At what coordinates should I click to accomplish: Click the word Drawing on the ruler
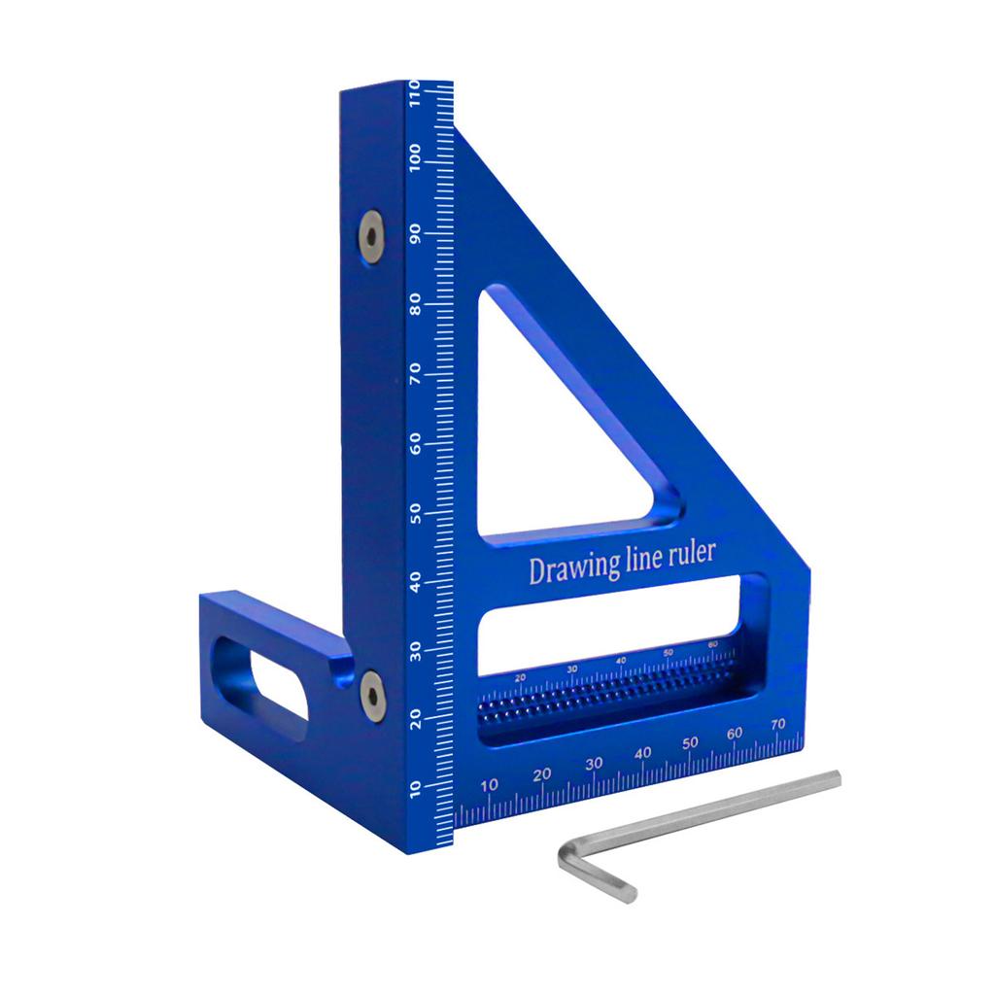(566, 569)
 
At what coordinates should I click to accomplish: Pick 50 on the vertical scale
(416, 512)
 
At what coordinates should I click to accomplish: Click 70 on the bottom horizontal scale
(777, 724)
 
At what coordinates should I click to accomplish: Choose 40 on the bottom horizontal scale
(642, 754)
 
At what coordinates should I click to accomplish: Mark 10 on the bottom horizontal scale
(491, 785)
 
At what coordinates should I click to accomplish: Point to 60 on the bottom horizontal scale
(734, 734)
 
